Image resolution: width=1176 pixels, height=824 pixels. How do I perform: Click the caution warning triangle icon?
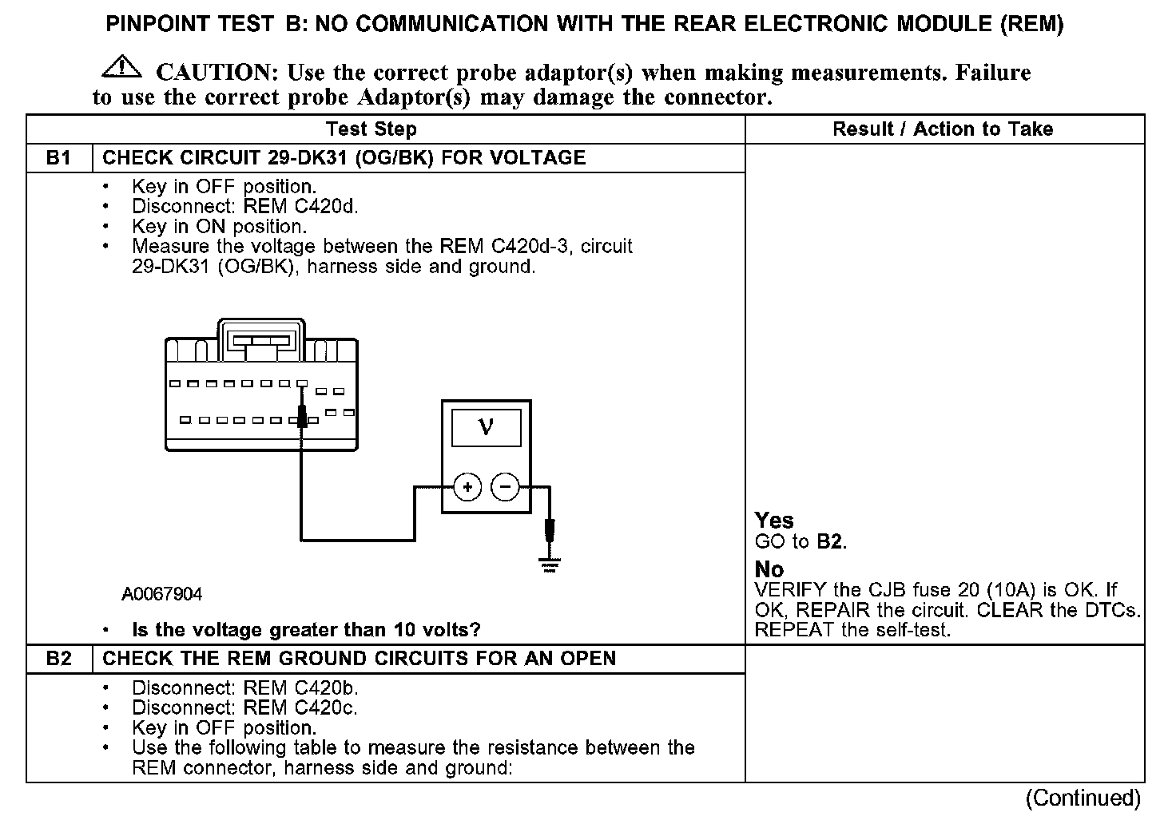click(121, 66)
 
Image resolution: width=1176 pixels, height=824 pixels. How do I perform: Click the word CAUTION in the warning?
click(216, 73)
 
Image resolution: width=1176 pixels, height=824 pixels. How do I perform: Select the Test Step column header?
click(371, 129)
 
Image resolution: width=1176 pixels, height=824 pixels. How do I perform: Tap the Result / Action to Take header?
click(943, 129)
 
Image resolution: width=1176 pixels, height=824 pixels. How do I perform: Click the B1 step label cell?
click(59, 158)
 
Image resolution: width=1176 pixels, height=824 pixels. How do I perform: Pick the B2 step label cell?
click(59, 659)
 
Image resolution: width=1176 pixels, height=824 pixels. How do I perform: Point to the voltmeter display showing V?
click(486, 428)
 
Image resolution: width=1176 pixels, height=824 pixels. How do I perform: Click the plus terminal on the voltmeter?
click(467, 486)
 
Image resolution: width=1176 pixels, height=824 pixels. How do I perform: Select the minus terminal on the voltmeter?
click(505, 486)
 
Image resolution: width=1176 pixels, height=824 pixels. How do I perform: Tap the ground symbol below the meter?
click(549, 565)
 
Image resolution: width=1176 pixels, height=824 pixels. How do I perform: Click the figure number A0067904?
click(162, 594)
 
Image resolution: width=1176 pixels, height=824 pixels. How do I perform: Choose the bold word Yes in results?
click(774, 521)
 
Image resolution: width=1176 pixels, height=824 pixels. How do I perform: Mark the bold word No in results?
click(769, 569)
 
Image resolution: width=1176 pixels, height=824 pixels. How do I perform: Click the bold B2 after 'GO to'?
click(830, 542)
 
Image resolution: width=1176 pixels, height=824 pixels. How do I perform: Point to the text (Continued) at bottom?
click(1083, 798)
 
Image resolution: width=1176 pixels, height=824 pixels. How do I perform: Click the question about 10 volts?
click(306, 630)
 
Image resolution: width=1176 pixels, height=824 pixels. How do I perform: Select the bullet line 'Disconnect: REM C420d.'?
click(244, 207)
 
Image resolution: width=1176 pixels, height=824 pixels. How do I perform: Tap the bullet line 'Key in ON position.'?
click(219, 227)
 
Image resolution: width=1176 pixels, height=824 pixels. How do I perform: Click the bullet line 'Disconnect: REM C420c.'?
click(244, 707)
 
